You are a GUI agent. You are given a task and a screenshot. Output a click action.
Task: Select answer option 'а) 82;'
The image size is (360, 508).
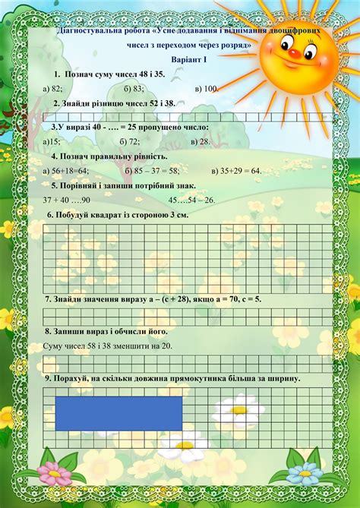point(52,89)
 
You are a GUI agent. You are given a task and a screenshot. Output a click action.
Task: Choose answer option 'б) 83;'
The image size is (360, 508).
point(133,89)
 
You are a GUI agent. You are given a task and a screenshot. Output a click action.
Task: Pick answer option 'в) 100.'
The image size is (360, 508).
point(207,89)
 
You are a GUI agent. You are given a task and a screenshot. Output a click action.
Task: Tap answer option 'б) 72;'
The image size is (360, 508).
point(131,141)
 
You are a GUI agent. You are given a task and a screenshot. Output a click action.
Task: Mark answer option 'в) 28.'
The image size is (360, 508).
point(201,141)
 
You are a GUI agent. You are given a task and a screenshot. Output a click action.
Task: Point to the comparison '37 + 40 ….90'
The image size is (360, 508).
point(67,200)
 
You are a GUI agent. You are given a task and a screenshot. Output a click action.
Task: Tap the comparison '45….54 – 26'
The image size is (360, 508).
point(191,200)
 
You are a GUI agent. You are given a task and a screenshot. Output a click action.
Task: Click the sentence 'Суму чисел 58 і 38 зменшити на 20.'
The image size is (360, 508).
point(108,346)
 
